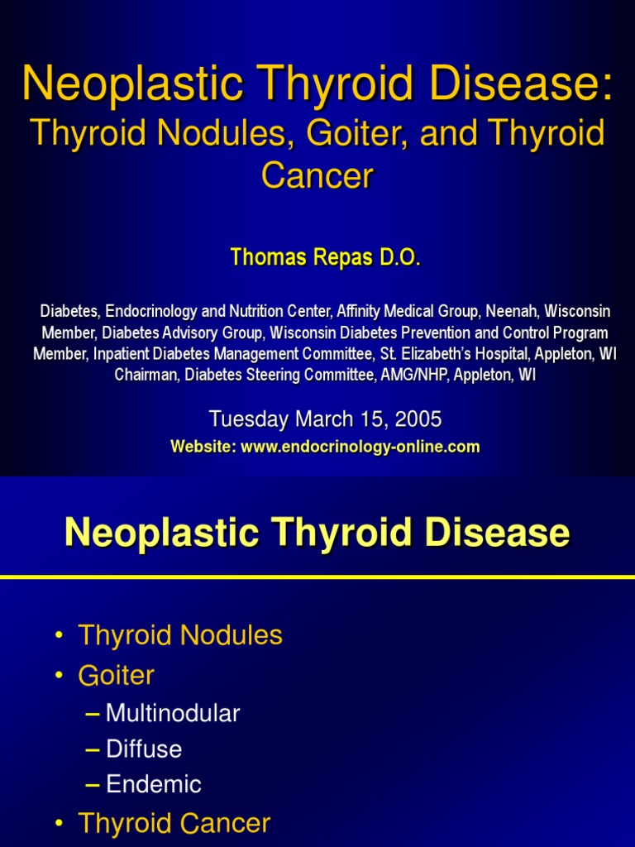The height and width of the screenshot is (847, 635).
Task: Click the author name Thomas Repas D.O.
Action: (x=325, y=258)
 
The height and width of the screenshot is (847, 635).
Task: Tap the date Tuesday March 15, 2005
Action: (x=325, y=419)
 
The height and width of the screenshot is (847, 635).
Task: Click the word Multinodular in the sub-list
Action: (x=173, y=713)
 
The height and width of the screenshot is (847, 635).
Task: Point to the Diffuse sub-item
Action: (x=144, y=749)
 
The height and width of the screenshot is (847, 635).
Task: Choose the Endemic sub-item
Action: (x=154, y=784)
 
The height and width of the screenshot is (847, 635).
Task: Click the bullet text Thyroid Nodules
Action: (x=180, y=635)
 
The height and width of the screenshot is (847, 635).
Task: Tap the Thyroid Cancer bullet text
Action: (x=174, y=823)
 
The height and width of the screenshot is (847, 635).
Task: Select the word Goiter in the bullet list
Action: (x=116, y=676)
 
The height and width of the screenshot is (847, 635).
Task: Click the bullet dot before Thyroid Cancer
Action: (x=59, y=824)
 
